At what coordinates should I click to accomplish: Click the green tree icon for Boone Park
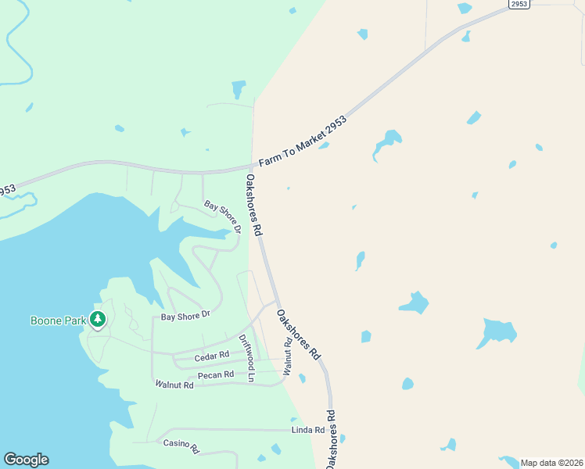coord(98,319)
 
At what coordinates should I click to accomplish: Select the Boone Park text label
coord(57,320)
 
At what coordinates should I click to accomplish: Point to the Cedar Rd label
coord(211,356)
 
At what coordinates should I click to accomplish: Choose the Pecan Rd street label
coord(216,375)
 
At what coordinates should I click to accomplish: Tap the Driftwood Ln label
coord(247,357)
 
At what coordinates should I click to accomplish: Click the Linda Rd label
coord(307,430)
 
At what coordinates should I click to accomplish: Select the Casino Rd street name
coord(181,446)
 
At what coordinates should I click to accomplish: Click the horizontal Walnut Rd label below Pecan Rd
coord(174,385)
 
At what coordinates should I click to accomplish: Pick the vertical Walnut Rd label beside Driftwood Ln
coord(287,355)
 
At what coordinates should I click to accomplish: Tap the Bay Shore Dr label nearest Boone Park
coord(186,316)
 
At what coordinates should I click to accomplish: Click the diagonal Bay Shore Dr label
coord(223,216)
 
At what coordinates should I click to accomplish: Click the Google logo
coord(26,460)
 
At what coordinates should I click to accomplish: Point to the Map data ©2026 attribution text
coord(551,463)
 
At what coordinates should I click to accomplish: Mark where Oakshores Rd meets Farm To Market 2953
coord(253,166)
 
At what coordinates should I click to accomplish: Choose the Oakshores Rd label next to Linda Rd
coord(332,439)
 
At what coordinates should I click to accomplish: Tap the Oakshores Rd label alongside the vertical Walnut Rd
coord(299,335)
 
